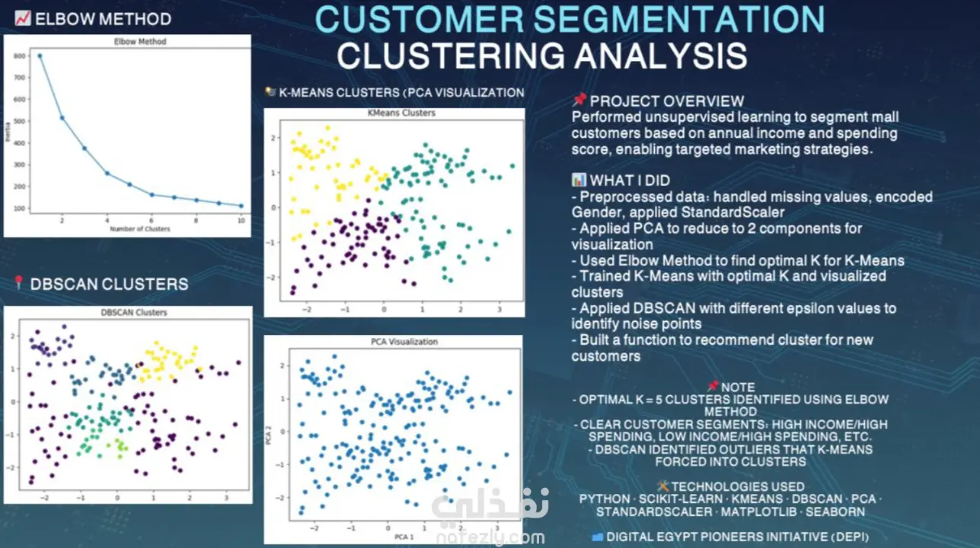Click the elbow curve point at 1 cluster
pyautogui.click(x=40, y=56)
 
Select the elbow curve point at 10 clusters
pyautogui.click(x=241, y=205)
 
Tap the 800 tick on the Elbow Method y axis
pyautogui.click(x=19, y=56)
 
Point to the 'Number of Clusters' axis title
pyautogui.click(x=140, y=229)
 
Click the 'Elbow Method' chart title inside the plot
pyautogui.click(x=140, y=42)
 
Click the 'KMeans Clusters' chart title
pyautogui.click(x=401, y=113)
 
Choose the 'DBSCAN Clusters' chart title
pyautogui.click(x=134, y=312)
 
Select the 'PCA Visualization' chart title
pyautogui.click(x=404, y=342)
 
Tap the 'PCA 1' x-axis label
pyautogui.click(x=404, y=537)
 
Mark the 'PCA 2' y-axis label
pyautogui.click(x=268, y=435)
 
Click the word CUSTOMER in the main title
pyautogui.click(x=419, y=19)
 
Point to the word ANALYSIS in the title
pyautogui.click(x=661, y=56)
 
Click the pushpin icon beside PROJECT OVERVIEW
pyautogui.click(x=579, y=100)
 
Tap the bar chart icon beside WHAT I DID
pyautogui.click(x=579, y=180)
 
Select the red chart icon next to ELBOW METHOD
pyautogui.click(x=23, y=18)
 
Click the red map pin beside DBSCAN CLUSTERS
pyautogui.click(x=18, y=282)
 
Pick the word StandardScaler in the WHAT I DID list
pyautogui.click(x=733, y=212)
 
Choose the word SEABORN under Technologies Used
pyautogui.click(x=835, y=511)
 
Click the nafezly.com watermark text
pyautogui.click(x=490, y=537)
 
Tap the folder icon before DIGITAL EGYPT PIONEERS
pyautogui.click(x=597, y=537)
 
